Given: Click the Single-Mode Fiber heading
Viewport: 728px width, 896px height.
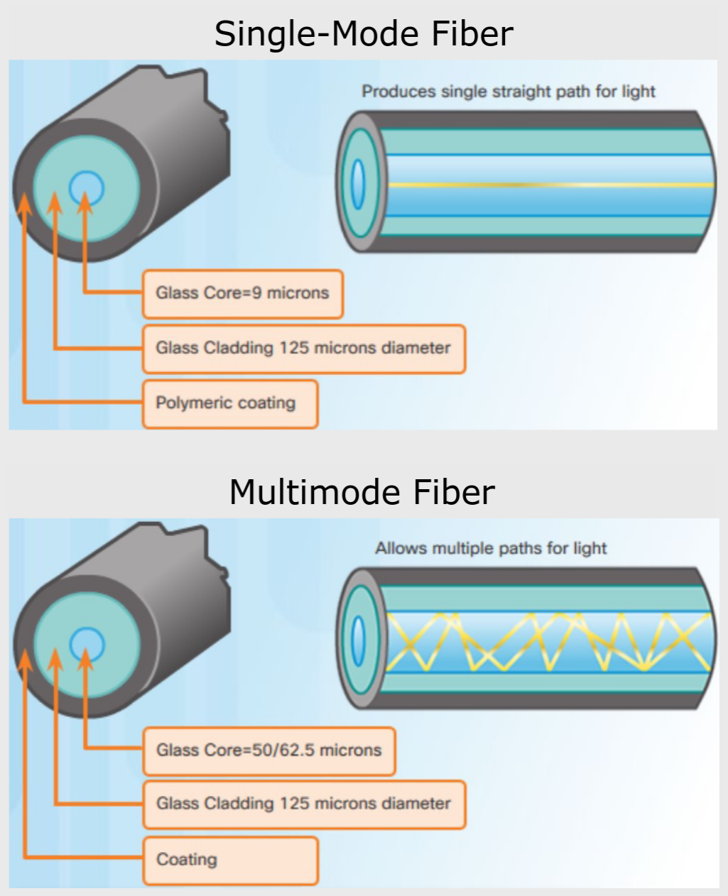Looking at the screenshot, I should pos(364,34).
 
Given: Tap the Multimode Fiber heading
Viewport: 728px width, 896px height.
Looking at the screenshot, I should pos(362,492).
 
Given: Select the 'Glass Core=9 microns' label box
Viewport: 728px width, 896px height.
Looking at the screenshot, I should pos(243,293).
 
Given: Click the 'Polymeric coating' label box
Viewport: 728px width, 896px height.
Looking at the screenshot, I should pos(230,403).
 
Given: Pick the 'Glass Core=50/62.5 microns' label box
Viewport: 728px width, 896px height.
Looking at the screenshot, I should pos(269,750).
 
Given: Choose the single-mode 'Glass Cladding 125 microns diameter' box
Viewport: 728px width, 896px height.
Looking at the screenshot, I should pos(304,349).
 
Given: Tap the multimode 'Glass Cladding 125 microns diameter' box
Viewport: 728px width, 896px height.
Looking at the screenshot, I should pos(304,804).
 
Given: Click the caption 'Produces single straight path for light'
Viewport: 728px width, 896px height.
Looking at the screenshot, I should pos(509,92).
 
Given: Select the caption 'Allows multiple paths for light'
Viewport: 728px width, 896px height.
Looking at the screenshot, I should pos(491,548).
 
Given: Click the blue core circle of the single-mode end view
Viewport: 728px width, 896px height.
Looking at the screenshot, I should pos(86,187).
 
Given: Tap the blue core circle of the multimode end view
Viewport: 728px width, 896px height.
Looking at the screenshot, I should pos(87,645).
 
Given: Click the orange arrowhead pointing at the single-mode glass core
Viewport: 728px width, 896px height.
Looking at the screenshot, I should pos(85,201).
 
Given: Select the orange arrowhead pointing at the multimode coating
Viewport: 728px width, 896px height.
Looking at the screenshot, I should pos(25,659).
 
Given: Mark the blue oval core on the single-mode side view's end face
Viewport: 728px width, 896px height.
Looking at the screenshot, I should pos(358,184).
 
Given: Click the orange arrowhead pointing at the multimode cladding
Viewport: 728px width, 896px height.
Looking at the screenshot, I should pos(55,659).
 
